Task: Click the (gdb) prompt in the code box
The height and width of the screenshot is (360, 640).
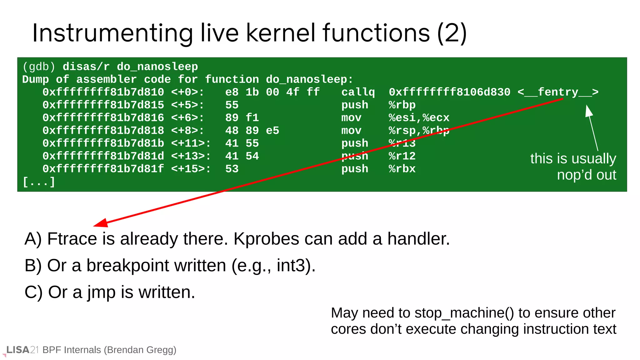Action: (39, 67)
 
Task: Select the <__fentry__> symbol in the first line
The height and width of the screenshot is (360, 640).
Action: (558, 92)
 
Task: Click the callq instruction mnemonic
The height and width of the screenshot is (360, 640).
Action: (358, 92)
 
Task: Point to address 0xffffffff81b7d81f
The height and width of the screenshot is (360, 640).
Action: (103, 169)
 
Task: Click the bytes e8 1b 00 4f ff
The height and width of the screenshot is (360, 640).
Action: (272, 92)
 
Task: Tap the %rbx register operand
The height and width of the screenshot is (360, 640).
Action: (402, 169)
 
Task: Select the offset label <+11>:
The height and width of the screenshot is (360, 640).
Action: (191, 143)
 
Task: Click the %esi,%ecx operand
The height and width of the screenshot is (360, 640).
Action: (419, 118)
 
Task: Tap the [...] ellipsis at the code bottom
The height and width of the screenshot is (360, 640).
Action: (39, 182)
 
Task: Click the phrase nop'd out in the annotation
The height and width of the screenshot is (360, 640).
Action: (586, 175)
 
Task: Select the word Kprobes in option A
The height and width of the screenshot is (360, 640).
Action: (266, 239)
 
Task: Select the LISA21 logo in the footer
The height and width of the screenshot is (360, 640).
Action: (22, 350)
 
